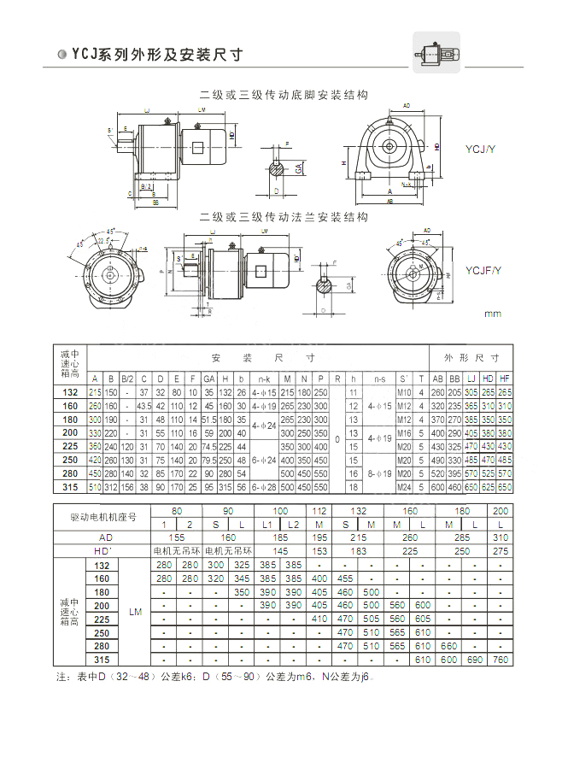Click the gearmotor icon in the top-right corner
436,52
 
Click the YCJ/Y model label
479,148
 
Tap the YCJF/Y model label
483,271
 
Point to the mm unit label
493,314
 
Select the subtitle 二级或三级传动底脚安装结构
284,94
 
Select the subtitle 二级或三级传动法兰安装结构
284,217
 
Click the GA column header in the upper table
208,379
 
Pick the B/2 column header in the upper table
127,379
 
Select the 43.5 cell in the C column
143,406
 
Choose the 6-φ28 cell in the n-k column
265,487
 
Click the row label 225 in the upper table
71,447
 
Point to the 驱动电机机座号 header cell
102,517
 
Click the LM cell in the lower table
135,612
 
